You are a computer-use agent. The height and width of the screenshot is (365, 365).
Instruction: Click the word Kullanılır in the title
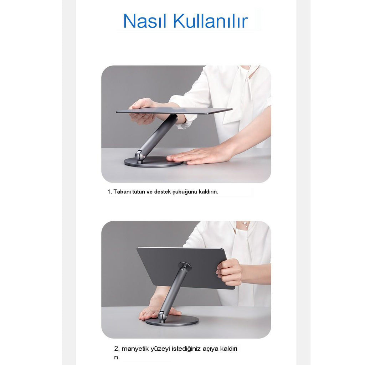click(x=210, y=21)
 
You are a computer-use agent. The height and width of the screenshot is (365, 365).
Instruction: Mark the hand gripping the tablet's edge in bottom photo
click(x=229, y=272)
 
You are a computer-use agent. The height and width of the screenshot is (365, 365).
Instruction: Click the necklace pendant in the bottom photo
click(x=245, y=224)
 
